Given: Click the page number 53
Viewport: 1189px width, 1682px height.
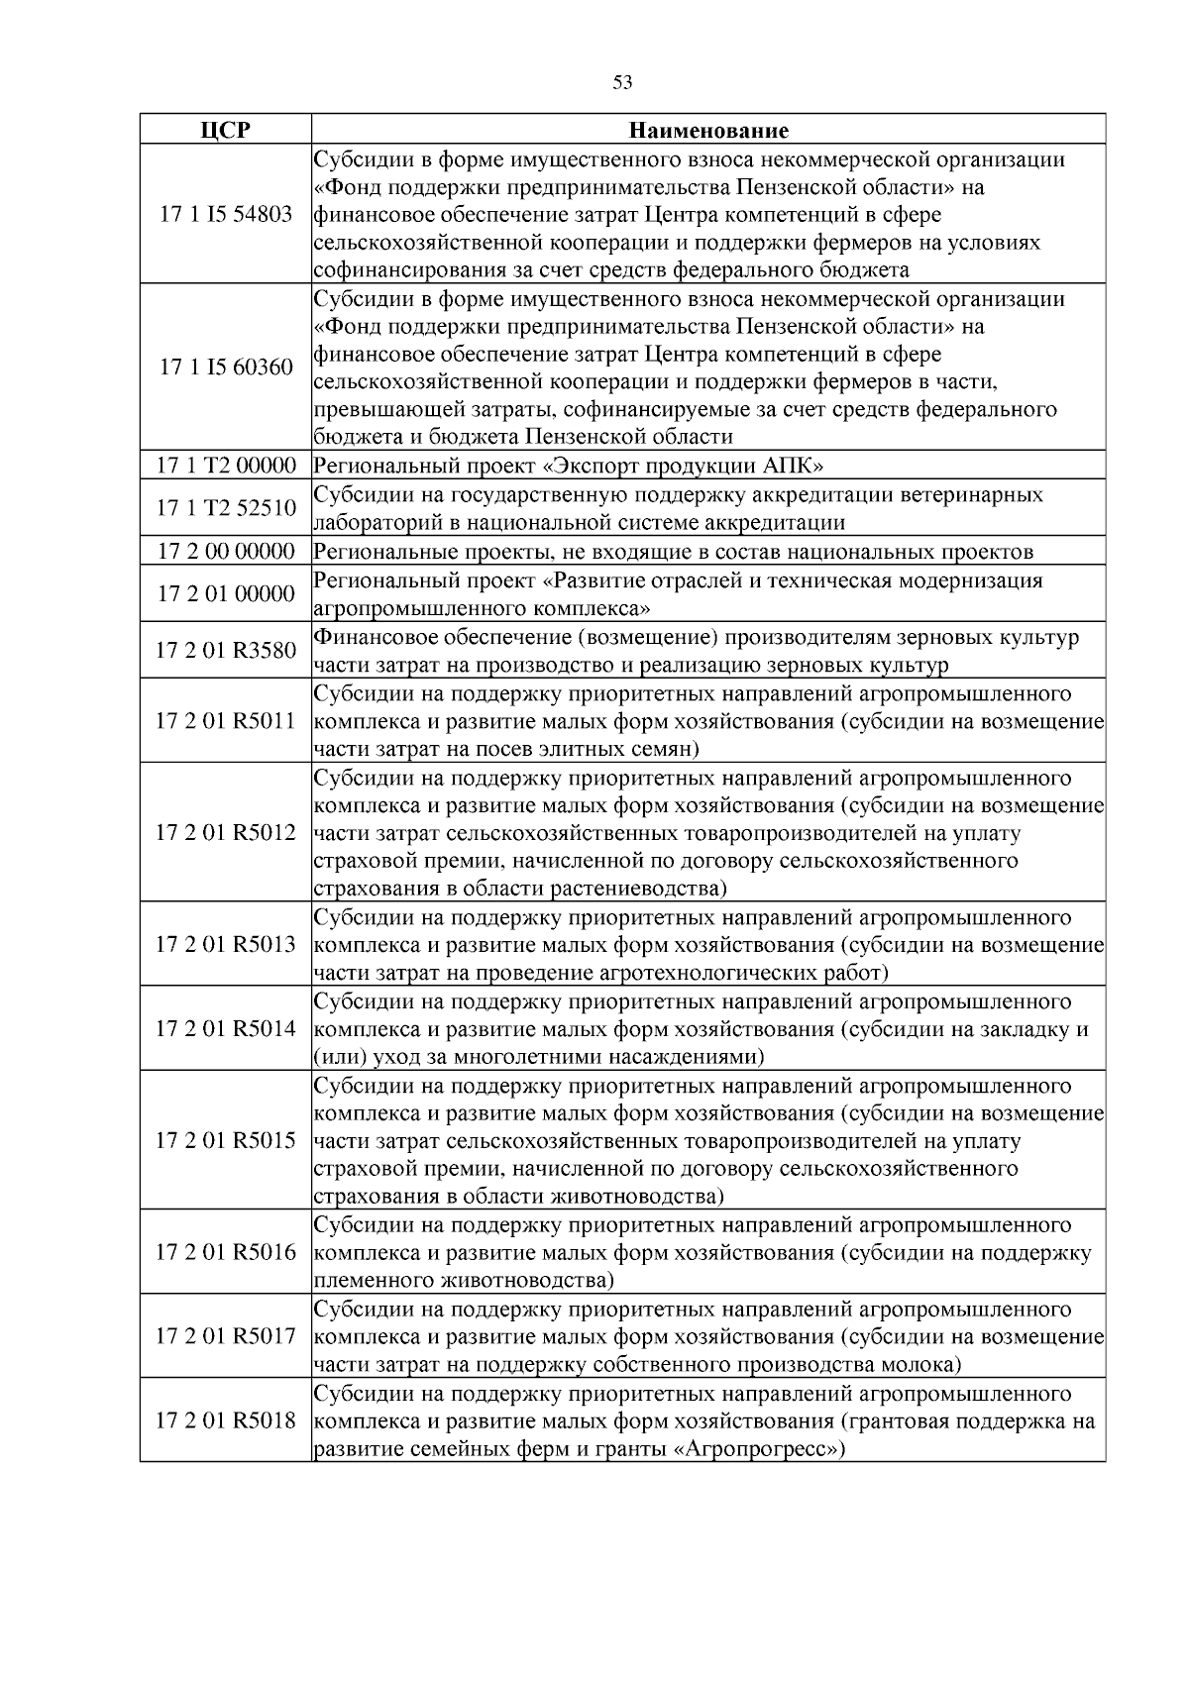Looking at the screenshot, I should coord(622,83).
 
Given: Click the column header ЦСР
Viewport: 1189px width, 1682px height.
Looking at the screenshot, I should coord(226,131).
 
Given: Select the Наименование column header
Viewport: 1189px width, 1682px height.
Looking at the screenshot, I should coord(708,131).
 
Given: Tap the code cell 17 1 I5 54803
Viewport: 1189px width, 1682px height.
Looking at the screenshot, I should coord(226,214).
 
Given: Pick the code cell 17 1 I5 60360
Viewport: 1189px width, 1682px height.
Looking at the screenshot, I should coord(226,368).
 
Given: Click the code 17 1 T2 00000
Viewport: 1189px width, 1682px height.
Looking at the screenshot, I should coord(226,466).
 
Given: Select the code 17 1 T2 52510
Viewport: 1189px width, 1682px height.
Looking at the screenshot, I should coord(226,508).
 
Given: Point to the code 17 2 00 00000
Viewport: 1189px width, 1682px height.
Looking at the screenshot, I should coord(226,552).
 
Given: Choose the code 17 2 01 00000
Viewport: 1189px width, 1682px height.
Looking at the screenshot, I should coord(226,593).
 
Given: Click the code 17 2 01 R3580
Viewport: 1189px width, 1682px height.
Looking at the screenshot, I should coord(226,651).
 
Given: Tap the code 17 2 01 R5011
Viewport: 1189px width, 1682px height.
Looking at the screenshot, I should coord(226,721).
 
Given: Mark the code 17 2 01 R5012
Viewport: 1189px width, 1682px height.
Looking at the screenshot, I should coord(226,832).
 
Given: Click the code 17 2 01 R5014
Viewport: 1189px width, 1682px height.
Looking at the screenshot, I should coord(226,1028).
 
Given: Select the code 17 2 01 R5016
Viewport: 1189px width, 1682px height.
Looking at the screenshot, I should coord(226,1252).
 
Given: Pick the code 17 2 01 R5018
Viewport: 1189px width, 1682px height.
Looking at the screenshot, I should coord(226,1420).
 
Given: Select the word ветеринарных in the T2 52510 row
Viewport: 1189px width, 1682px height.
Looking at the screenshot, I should coord(975,494).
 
